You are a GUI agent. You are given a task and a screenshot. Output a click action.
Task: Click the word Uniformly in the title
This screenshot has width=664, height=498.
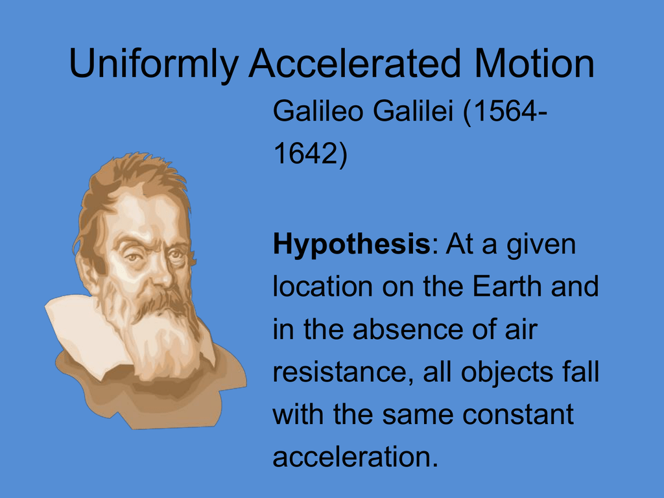point(153,64)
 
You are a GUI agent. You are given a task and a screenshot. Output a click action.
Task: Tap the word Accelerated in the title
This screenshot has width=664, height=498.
point(355,63)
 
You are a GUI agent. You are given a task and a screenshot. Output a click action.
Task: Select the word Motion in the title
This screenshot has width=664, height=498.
point(534,63)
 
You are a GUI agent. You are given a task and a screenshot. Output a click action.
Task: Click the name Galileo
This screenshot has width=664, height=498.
point(318,111)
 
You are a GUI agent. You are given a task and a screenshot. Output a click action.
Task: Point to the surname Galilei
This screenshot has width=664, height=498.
point(413,111)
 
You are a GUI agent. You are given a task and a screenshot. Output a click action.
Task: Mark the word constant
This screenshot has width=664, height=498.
point(518,414)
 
